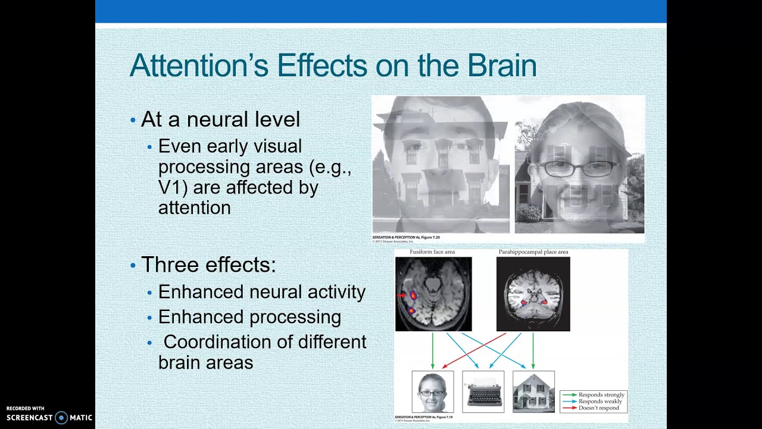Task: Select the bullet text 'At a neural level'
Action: click(220, 120)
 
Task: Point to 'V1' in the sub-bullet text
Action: click(168, 187)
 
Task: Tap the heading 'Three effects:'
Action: click(208, 265)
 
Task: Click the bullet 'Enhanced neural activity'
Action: click(261, 292)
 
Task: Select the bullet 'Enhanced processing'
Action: click(249, 317)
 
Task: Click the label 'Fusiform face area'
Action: click(432, 252)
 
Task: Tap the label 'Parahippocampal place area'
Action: click(533, 252)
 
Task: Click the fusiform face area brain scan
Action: click(433, 294)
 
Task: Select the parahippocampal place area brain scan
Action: click(533, 294)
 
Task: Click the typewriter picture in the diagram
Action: click(483, 391)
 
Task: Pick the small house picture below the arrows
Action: click(533, 391)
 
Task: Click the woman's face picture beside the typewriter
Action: click(433, 391)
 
